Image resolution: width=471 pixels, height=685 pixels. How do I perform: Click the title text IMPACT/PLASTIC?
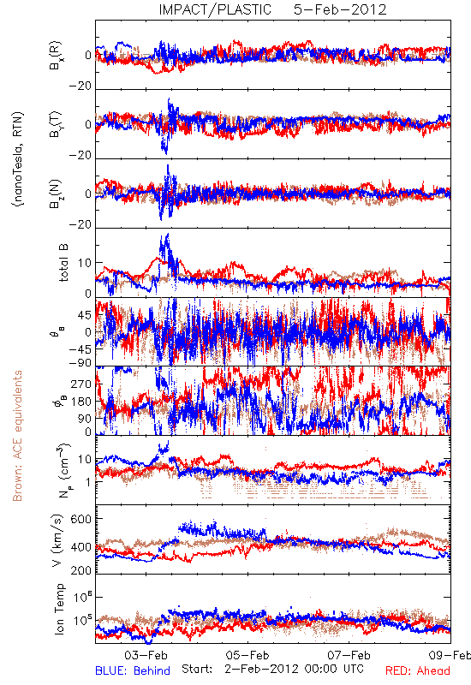(215, 9)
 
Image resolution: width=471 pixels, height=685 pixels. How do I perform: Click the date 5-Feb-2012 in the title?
(340, 9)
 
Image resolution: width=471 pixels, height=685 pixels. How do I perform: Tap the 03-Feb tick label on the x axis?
(146, 655)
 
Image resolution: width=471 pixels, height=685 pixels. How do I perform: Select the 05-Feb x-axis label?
(247, 655)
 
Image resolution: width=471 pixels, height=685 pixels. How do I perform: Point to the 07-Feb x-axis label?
(349, 655)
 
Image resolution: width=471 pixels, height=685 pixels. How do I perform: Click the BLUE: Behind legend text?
(133, 671)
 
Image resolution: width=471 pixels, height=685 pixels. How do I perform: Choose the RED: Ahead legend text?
(417, 671)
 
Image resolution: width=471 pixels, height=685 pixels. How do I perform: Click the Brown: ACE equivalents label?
(17, 436)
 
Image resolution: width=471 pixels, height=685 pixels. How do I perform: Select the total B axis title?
(63, 262)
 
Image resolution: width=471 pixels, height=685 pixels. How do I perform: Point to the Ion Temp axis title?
(59, 609)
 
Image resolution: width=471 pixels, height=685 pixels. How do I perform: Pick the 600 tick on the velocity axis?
(80, 519)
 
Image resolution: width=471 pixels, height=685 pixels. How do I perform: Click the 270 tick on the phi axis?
(81, 384)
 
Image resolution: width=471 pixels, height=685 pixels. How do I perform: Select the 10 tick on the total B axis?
(85, 263)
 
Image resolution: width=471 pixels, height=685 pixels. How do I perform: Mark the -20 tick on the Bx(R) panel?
(80, 86)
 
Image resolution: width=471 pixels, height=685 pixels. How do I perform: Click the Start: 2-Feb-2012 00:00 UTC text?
(272, 669)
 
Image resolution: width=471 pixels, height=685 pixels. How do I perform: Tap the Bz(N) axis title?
(56, 194)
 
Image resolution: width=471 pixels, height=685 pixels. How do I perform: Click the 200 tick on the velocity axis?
(80, 570)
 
